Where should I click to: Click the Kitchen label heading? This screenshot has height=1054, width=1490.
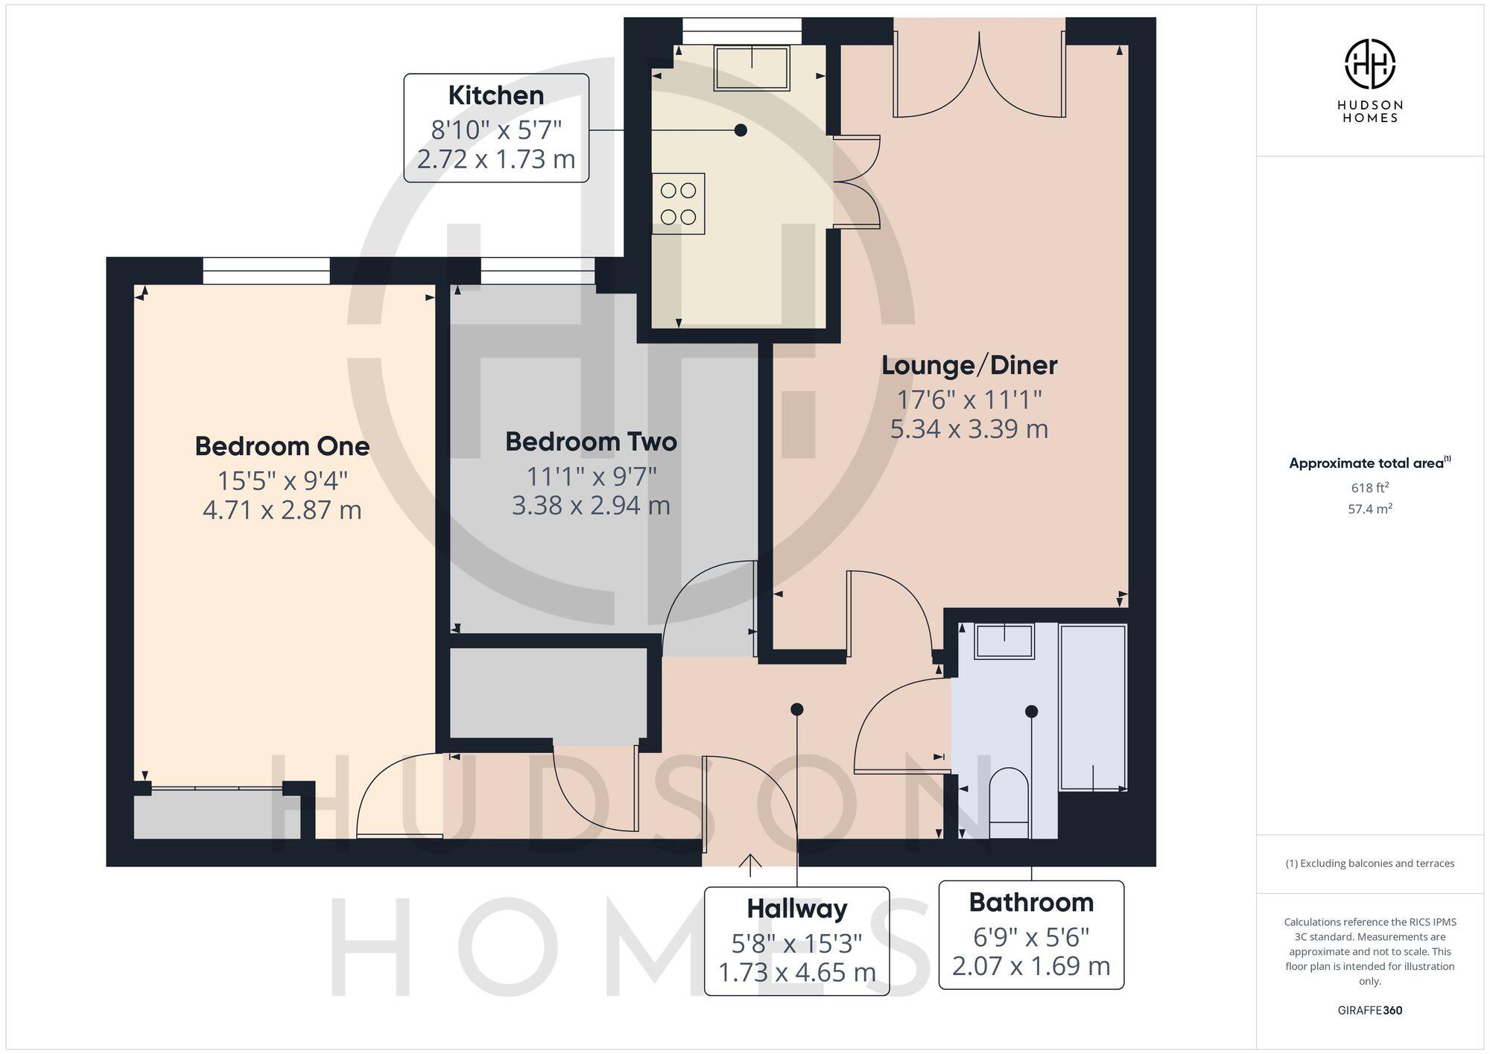pos(495,95)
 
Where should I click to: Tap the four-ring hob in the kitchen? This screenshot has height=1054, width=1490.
pos(678,203)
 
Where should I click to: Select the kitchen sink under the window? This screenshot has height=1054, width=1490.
pos(751,67)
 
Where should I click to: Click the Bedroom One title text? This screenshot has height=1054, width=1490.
pos(282,446)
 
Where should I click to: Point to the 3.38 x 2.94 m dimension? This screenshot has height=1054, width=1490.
pos(591,506)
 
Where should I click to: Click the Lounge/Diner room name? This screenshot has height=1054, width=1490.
pos(968,365)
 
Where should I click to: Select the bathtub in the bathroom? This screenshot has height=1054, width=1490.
pos(1092,706)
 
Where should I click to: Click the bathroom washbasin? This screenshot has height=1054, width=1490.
pos(1004,641)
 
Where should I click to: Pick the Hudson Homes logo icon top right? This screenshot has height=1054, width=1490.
pos(1369,64)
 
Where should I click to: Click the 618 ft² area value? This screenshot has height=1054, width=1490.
pos(1369,488)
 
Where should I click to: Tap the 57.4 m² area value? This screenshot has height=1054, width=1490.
pos(1369,509)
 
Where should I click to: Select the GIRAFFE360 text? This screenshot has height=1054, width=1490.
pos(1369,1011)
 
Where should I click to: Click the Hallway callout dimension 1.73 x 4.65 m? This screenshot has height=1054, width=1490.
pos(796,972)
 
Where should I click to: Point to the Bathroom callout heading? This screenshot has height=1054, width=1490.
pos(1031,902)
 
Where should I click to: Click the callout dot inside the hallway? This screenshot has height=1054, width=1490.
pos(796,709)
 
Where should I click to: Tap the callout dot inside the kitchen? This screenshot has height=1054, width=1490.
pos(741,130)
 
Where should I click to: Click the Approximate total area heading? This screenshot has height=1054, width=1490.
pos(1368,463)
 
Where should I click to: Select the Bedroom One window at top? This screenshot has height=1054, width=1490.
pos(266,270)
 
